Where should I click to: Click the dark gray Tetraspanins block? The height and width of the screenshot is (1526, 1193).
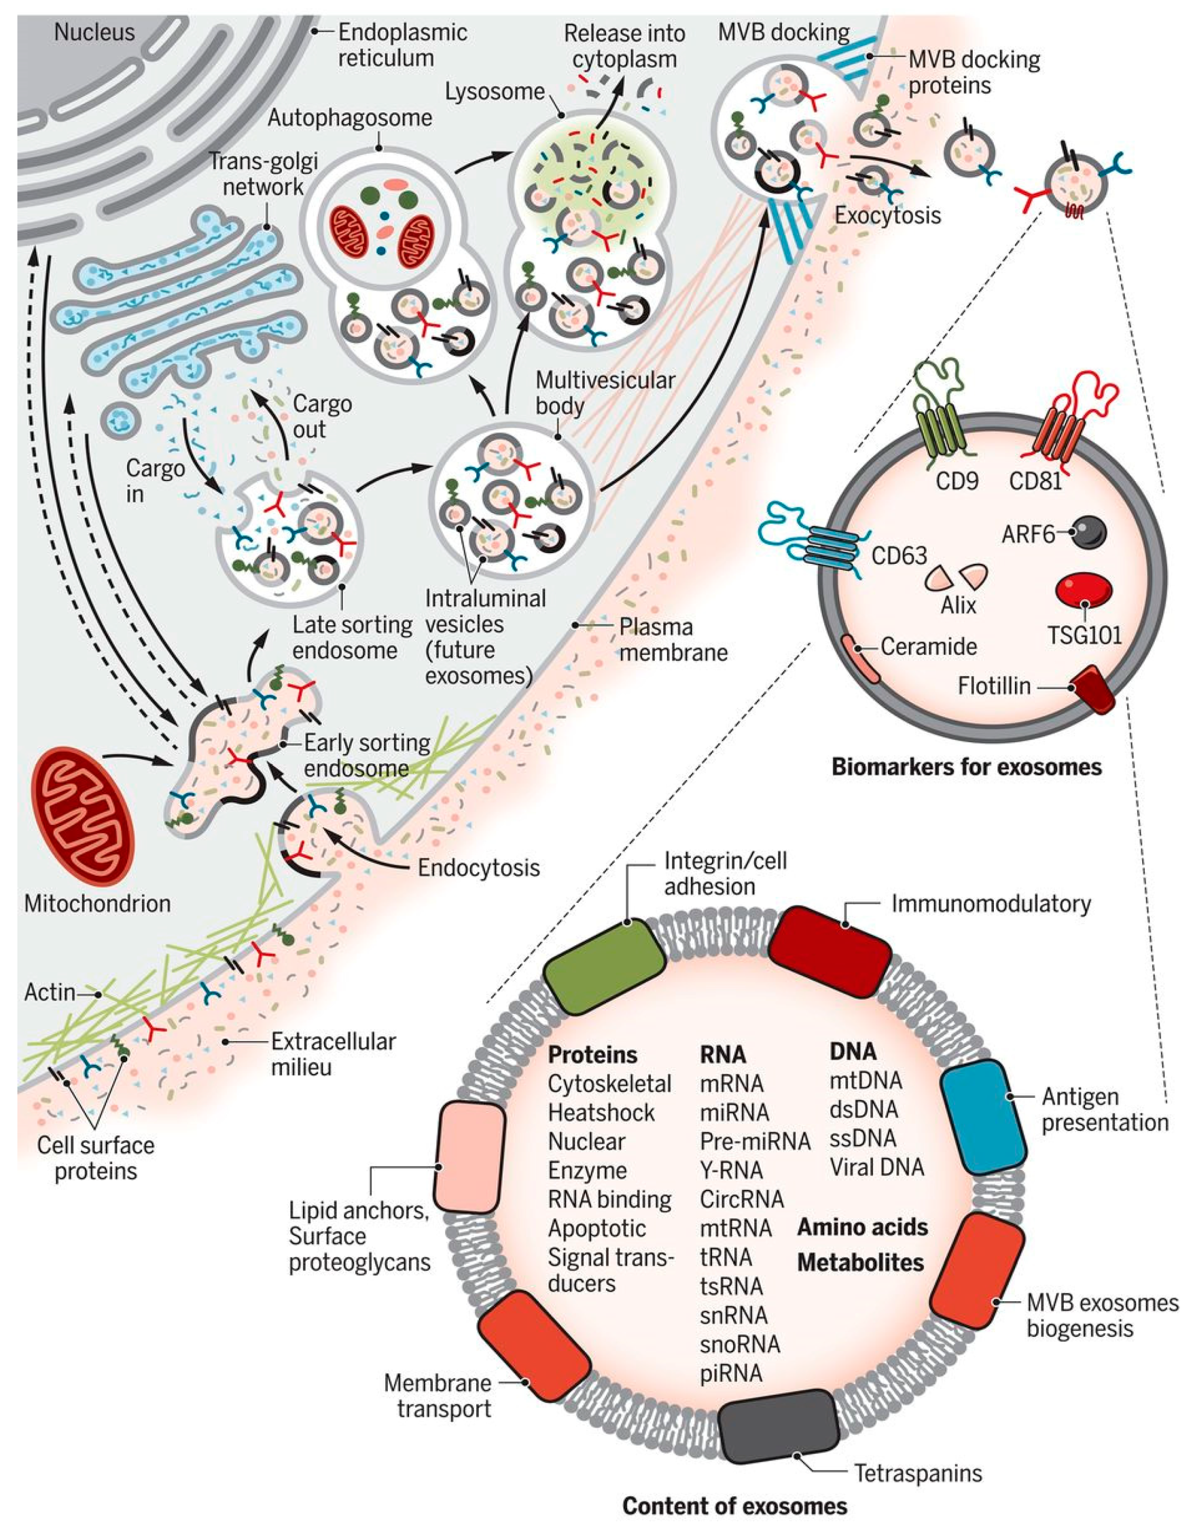pyautogui.click(x=777, y=1425)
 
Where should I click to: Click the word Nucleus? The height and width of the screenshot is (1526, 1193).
pyautogui.click(x=94, y=32)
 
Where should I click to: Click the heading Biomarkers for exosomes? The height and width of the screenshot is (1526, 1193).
pyautogui.click(x=966, y=767)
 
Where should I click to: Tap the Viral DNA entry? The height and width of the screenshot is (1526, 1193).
pyautogui.click(x=877, y=1166)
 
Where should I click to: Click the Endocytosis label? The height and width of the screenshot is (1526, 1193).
pyautogui.click(x=478, y=868)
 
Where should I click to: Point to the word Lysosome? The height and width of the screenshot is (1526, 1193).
pyautogui.click(x=494, y=92)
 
